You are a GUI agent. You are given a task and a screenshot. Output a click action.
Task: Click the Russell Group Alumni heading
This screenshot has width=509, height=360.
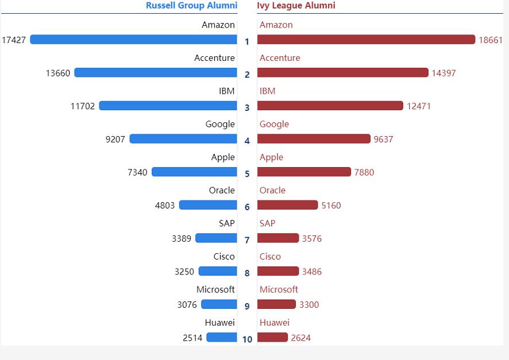pos(191,6)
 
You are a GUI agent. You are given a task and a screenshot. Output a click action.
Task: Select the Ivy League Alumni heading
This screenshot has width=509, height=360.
pos(296,6)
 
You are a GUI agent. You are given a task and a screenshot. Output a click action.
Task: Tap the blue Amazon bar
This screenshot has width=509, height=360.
pos(133,40)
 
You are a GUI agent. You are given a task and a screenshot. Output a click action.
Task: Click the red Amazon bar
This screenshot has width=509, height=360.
pos(366,40)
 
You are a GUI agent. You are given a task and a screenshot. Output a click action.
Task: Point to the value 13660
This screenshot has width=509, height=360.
pos(58,73)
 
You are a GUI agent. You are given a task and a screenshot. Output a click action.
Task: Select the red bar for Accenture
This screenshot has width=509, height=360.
pos(342,73)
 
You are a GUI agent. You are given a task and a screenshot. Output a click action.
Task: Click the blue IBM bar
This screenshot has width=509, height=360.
pos(168,106)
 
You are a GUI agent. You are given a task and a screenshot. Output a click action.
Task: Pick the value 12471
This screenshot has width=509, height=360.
pos(419,106)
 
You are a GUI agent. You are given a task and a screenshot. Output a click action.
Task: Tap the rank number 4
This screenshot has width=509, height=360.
pos(247,141)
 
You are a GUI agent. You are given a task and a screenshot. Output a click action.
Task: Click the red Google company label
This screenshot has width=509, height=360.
pos(274,124)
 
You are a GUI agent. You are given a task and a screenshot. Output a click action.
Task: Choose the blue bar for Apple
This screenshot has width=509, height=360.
pos(194,172)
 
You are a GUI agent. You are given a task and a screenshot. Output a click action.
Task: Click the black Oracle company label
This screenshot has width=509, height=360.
pos(222,190)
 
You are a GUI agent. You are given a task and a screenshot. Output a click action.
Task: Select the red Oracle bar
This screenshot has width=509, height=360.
pos(287,205)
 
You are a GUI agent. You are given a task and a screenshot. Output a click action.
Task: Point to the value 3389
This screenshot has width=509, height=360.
pos(182,238)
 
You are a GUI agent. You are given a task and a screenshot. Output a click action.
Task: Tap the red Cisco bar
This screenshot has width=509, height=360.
pos(278,271)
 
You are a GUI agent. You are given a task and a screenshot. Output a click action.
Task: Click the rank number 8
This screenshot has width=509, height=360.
pos(247,273)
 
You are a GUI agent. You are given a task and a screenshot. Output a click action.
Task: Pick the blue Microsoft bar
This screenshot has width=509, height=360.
pos(219,304)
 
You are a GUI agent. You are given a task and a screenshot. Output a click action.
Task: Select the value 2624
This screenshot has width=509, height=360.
pos(300,338)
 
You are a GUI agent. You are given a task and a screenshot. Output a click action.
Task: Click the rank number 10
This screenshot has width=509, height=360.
pos(247,339)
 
